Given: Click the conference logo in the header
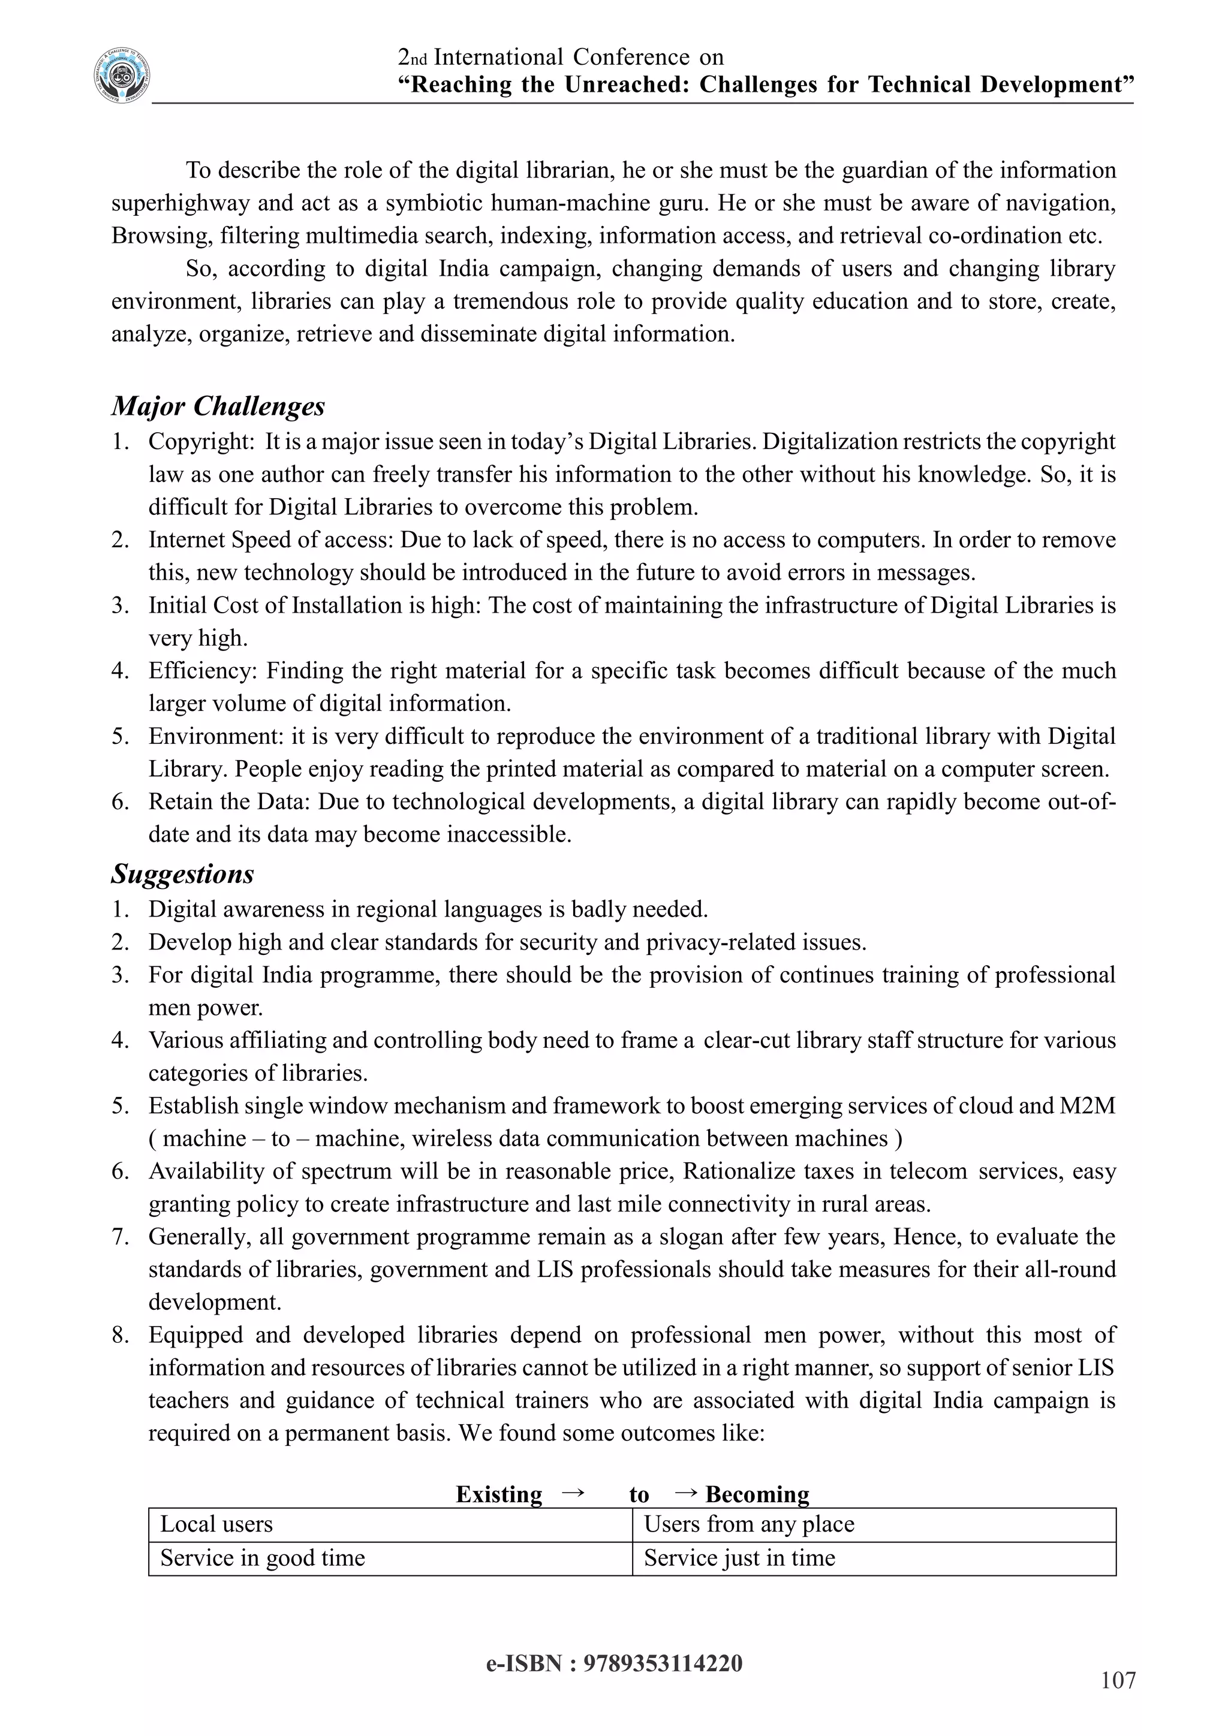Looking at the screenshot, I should (122, 77).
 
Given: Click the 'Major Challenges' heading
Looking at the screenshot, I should (218, 406).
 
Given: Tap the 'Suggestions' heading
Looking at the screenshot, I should (182, 874).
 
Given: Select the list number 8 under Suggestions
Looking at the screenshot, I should (121, 1335).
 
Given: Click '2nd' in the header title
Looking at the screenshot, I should (413, 58).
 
